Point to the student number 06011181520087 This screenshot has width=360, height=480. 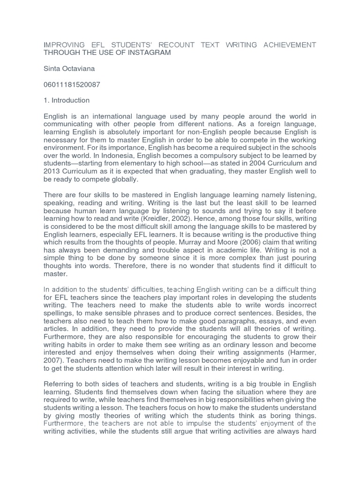(x=72, y=85)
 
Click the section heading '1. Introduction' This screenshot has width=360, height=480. (x=67, y=100)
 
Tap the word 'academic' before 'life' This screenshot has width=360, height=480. (x=195, y=250)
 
